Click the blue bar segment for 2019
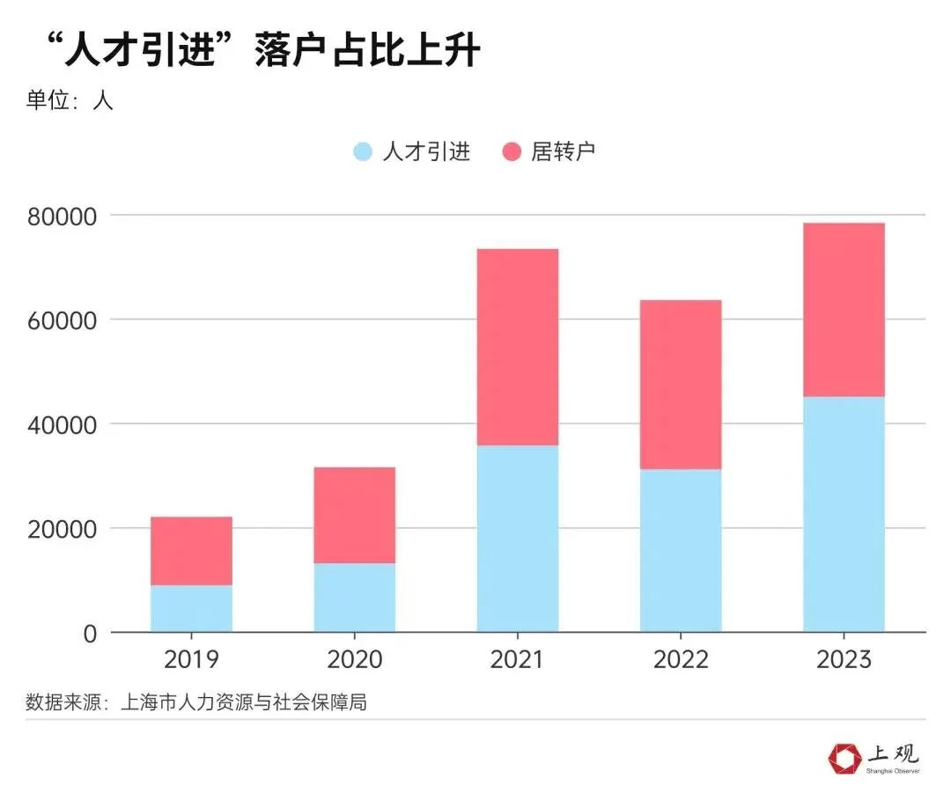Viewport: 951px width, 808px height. tap(191, 608)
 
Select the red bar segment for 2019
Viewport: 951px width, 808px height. tap(191, 551)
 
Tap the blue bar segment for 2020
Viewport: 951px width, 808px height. tap(354, 598)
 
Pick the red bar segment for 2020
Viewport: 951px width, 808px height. tap(354, 515)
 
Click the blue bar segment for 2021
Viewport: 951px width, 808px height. tap(518, 539)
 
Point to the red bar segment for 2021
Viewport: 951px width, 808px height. tap(518, 347)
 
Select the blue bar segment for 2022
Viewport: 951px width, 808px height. tap(681, 550)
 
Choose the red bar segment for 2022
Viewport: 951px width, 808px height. tap(681, 385)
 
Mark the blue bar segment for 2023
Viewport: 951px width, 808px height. tap(844, 514)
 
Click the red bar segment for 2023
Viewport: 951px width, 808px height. tap(844, 310)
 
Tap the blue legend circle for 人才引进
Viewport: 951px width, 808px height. tap(363, 151)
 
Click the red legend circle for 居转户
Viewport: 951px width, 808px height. tap(512, 151)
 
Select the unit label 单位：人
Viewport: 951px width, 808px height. tap(70, 100)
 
